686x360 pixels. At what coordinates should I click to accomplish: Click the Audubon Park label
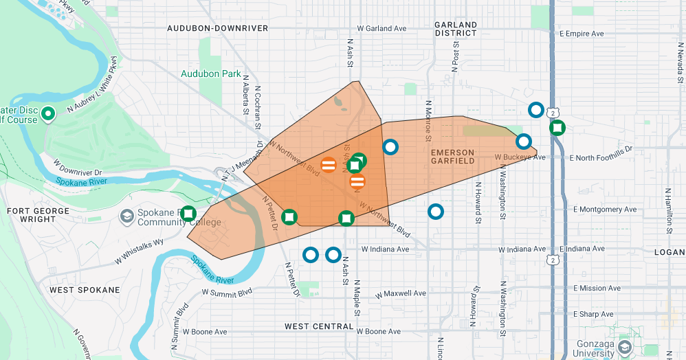tap(211, 74)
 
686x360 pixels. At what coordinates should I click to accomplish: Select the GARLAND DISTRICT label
tap(456, 29)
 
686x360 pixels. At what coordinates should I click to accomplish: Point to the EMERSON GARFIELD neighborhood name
tap(452, 157)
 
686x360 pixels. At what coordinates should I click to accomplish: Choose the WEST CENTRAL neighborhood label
tap(319, 326)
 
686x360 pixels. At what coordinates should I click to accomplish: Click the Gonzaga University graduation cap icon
tap(624, 347)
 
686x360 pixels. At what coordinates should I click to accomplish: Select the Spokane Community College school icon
tap(126, 217)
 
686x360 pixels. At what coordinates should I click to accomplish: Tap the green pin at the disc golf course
tap(48, 114)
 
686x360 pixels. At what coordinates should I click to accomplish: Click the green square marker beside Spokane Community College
tap(188, 214)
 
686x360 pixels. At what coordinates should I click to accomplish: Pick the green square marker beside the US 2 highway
tap(557, 128)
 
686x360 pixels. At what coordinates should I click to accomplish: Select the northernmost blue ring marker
tap(535, 110)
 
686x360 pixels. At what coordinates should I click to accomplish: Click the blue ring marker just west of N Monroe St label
tap(390, 146)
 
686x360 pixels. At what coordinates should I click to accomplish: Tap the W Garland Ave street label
tap(381, 29)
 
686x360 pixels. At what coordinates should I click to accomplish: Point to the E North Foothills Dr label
tap(600, 157)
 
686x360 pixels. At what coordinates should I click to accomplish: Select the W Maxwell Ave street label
tap(401, 293)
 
